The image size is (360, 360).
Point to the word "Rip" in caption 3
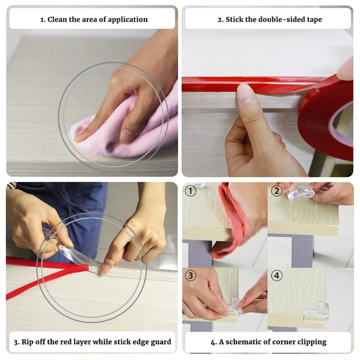click(27, 342)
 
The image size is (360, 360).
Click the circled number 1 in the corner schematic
click(190, 191)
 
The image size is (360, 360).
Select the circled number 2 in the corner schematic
click(276, 191)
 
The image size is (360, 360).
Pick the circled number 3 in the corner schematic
click(190, 275)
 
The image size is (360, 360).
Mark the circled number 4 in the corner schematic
click(276, 275)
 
